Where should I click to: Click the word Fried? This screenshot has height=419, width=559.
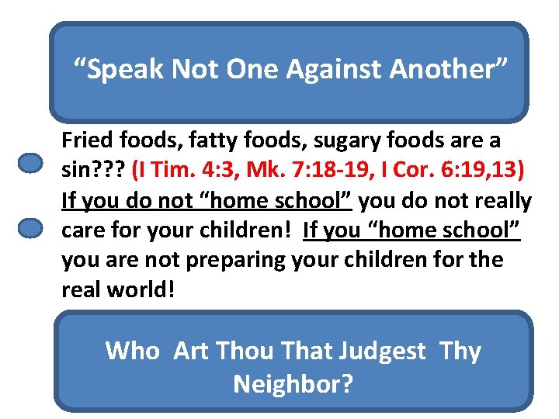pos(86,141)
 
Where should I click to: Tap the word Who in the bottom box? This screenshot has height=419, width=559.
pos(132,351)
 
